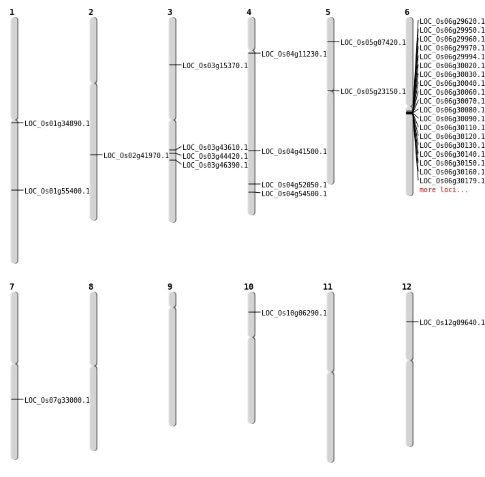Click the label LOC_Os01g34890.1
click(x=57, y=123)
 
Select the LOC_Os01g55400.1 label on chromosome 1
click(x=57, y=191)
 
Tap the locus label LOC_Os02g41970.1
click(x=136, y=155)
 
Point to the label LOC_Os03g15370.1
click(x=215, y=65)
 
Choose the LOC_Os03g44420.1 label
click(x=215, y=156)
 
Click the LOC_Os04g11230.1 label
click(x=294, y=54)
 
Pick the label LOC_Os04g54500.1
click(x=294, y=194)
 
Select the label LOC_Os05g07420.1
click(x=373, y=42)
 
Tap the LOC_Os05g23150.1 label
click(x=373, y=91)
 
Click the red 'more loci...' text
click(x=444, y=189)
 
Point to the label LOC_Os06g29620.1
click(x=452, y=21)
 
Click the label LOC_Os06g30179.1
click(x=452, y=181)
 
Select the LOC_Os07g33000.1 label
click(x=57, y=400)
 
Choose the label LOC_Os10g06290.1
click(x=294, y=313)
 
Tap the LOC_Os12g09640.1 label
click(x=452, y=322)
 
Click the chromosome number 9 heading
click(x=170, y=287)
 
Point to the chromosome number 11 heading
click(x=328, y=287)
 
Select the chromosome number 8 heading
click(x=91, y=287)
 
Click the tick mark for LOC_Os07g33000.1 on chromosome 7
click(x=17, y=399)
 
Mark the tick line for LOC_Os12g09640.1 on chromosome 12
click(x=412, y=322)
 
